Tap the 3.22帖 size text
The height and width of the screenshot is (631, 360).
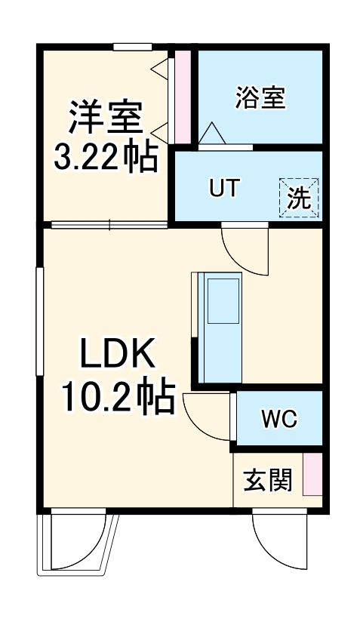click(105, 158)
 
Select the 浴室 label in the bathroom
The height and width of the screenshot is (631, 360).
click(260, 98)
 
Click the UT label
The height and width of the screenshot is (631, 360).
click(225, 189)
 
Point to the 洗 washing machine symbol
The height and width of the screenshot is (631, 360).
click(300, 198)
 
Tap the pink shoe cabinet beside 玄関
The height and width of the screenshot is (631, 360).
click(312, 475)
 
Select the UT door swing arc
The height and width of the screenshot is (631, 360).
click(246, 249)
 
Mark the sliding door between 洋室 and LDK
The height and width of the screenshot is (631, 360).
click(109, 224)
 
